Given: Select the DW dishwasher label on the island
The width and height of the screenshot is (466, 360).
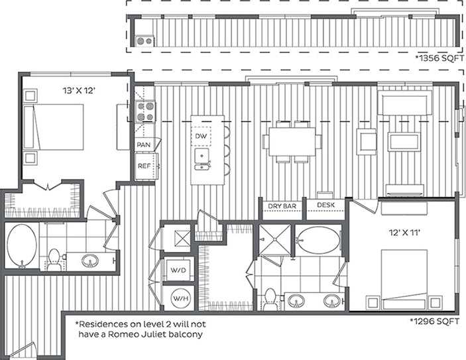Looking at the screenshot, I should pos(202,136).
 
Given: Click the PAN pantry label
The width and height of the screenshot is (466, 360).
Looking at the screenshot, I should pos(143,145).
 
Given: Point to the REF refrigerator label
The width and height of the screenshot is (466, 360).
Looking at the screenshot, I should pos(144,166).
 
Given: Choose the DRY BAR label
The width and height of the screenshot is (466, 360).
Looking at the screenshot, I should pos(281,206).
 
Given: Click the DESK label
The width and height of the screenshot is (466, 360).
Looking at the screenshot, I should pos(325,206).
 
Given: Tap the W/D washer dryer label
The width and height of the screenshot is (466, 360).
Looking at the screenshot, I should pos(178,270).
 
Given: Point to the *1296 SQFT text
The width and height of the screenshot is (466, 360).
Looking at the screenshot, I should pos(435,320).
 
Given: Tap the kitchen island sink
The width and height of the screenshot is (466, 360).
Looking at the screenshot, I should pos(202,158).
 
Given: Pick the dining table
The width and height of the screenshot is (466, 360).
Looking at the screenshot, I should pos(292,141).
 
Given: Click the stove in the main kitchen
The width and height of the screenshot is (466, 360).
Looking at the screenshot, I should pos(145,111).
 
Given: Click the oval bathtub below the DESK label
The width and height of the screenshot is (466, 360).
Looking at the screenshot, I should pos(316,240).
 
